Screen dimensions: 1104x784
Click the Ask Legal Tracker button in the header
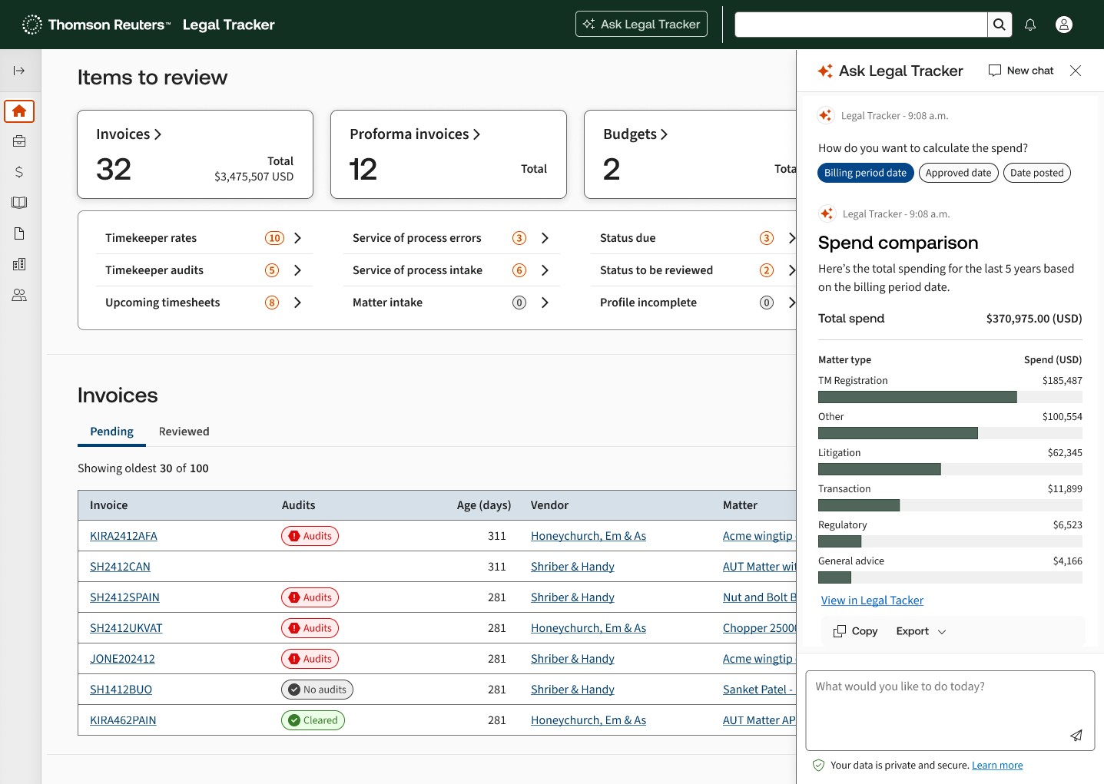coord(642,24)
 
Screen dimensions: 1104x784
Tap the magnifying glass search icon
coord(999,25)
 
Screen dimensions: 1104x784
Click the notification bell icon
coord(1030,25)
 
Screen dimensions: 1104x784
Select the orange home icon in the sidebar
coord(19,111)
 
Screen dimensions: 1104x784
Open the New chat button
coord(1021,71)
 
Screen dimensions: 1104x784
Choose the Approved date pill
coord(958,173)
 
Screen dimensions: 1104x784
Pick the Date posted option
coord(1036,173)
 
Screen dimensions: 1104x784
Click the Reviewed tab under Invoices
coord(184,432)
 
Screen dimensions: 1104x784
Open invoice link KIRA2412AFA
coord(123,536)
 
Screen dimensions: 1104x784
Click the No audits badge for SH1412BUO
coord(317,690)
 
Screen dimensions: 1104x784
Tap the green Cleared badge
coord(313,720)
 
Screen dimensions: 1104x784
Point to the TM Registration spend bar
coord(917,397)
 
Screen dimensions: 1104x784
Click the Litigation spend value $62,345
coord(1065,452)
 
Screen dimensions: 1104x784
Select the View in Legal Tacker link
coord(872,600)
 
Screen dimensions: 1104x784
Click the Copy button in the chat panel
coord(855,631)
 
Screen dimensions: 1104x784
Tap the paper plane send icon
coord(1076,736)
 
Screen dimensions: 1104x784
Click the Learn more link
coord(997,766)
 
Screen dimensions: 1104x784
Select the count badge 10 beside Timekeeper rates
coord(274,238)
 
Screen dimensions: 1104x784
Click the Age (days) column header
coord(483,505)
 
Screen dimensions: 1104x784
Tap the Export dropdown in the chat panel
coord(920,631)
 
